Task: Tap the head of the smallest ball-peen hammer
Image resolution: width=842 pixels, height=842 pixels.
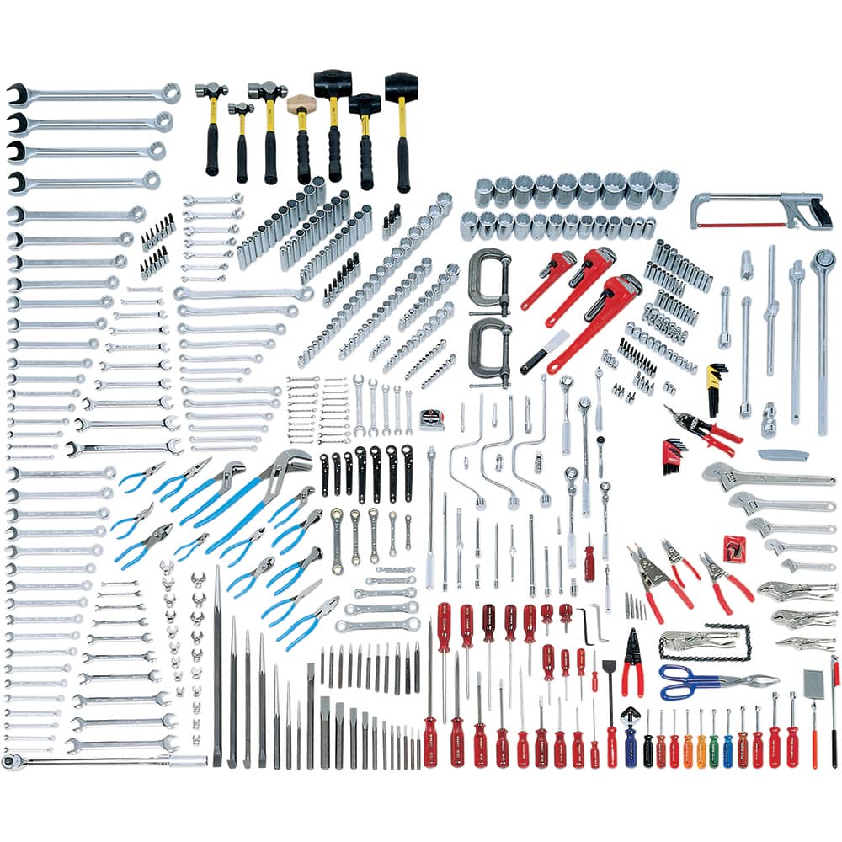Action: coord(240,108)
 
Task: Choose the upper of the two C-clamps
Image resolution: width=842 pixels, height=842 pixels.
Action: coord(488,274)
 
